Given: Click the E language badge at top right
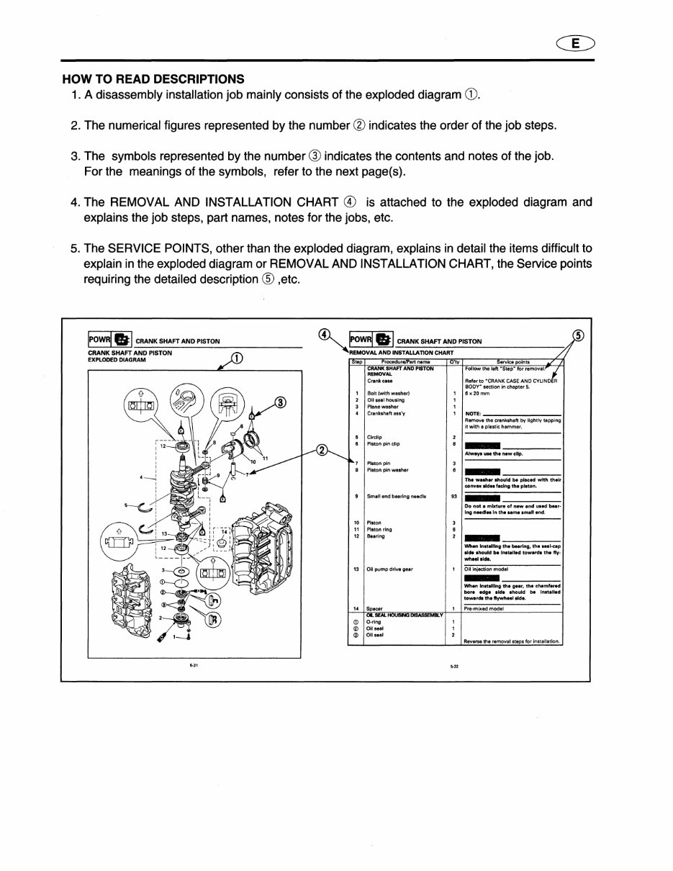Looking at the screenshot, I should click(x=575, y=44).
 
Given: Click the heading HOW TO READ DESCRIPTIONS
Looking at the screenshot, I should click(x=153, y=79).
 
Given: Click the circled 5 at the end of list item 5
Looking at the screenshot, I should click(x=267, y=279).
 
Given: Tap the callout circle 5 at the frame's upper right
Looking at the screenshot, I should click(x=578, y=335).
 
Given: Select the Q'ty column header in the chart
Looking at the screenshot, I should click(x=453, y=362).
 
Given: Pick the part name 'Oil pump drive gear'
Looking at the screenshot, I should click(x=389, y=569).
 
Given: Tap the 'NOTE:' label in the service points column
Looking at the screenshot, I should click(x=473, y=414).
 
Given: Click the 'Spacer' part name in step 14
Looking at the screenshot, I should click(x=374, y=608).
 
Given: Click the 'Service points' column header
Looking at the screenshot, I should click(x=512, y=362).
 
